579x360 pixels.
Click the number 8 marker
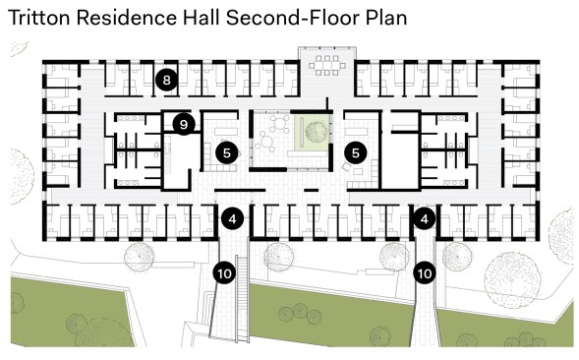point(166,80)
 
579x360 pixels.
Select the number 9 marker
point(184,124)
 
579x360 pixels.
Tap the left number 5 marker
point(227,152)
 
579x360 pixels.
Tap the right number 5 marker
point(355,152)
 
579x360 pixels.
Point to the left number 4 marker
point(232,218)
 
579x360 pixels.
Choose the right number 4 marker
point(424,218)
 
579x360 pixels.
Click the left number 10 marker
point(224,273)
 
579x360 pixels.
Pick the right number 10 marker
point(425,273)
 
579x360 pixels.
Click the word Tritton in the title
point(38,18)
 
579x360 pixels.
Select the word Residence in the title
point(127,18)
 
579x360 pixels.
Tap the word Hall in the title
point(203,18)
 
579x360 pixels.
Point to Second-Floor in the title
point(292,18)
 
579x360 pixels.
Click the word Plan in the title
point(386,18)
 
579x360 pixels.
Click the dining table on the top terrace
point(327,66)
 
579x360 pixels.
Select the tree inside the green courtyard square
point(316,131)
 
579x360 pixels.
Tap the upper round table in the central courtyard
point(280,123)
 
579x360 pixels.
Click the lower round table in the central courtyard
point(265,141)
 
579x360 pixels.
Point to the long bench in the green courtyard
point(302,131)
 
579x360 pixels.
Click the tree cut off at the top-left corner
point(19,48)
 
